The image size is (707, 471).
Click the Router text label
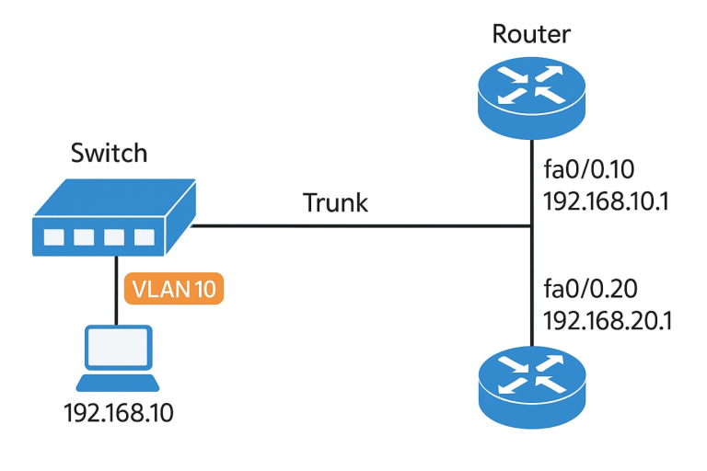pyautogui.click(x=531, y=35)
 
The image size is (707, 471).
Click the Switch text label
pyautogui.click(x=109, y=153)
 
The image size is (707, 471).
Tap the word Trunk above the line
pyautogui.click(x=335, y=202)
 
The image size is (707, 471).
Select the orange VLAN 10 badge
pyautogui.click(x=174, y=289)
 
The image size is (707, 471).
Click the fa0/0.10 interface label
pyautogui.click(x=587, y=172)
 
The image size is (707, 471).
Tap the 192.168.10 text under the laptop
pyautogui.click(x=118, y=413)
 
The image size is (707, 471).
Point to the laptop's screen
pyautogui.click(x=116, y=349)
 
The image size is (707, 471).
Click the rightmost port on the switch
pyautogui.click(x=143, y=236)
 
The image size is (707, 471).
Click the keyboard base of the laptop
pyautogui.click(x=116, y=382)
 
